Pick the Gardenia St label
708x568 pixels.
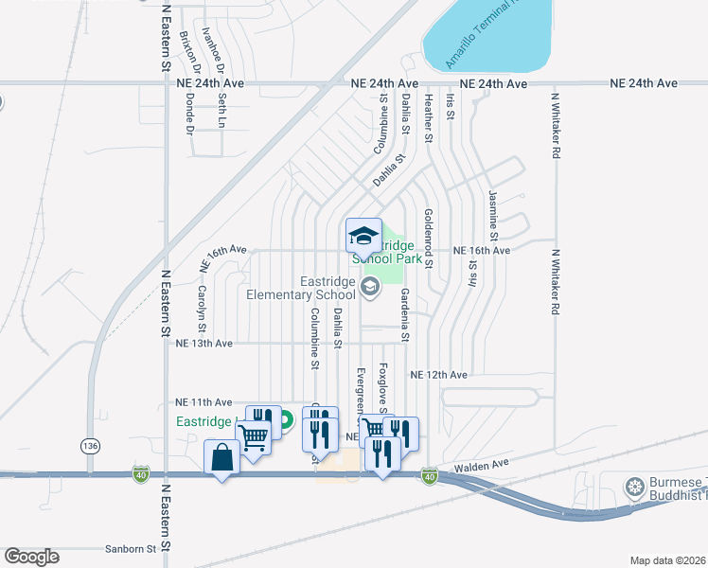pos(404,314)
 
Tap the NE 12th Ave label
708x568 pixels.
pos(439,376)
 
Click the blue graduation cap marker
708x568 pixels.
pos(363,235)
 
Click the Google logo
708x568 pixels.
pos(31,557)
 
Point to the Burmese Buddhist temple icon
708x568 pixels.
pos(634,487)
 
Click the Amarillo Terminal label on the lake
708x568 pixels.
pos(482,37)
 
